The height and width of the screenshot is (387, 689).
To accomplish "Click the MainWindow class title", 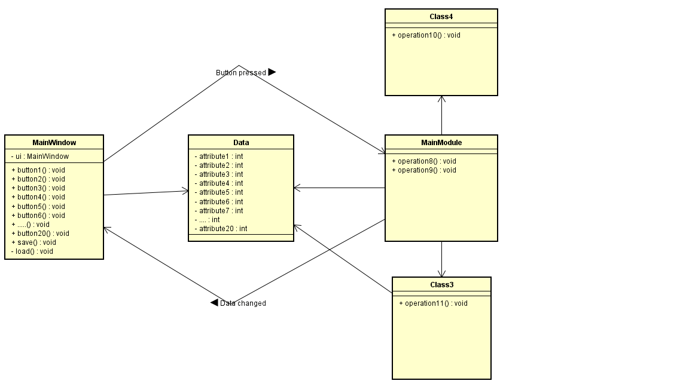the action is click(x=54, y=143).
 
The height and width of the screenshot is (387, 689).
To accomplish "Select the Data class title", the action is click(x=241, y=143).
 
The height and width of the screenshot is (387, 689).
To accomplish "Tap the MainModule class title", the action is click(x=441, y=143).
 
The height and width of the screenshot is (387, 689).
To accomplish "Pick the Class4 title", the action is click(x=441, y=17).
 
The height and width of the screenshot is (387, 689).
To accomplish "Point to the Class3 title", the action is click(x=441, y=285).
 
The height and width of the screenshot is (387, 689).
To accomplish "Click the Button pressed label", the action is click(x=241, y=73).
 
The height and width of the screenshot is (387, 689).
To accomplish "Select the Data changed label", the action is click(x=243, y=303).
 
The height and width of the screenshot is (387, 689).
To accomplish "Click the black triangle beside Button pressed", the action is click(x=272, y=72).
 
